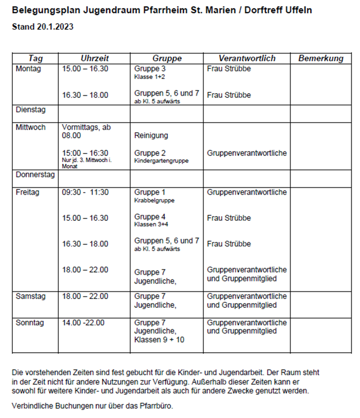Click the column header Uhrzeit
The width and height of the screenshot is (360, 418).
click(x=95, y=58)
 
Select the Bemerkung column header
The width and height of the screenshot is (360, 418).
click(x=320, y=58)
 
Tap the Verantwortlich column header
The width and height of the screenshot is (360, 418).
click(x=247, y=58)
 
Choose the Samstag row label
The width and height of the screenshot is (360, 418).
click(x=31, y=296)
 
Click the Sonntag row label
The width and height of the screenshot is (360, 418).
click(x=30, y=323)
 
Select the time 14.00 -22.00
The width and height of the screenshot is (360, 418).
click(x=83, y=323)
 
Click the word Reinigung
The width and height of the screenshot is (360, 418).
click(x=151, y=135)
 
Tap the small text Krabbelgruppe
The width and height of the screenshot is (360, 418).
click(x=154, y=200)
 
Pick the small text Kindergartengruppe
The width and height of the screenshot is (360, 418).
click(x=161, y=161)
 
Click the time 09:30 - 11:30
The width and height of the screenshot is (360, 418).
click(x=85, y=192)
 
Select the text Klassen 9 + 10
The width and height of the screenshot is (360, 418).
click(x=159, y=340)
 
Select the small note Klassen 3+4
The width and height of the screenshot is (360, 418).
click(x=151, y=224)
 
